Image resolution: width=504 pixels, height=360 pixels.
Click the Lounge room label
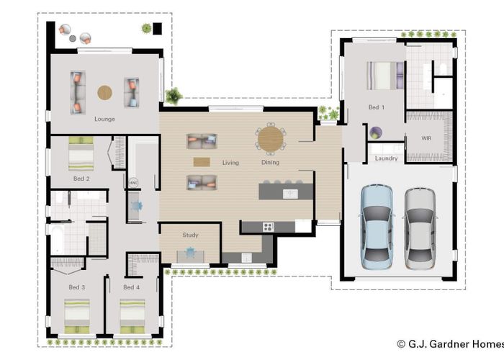(x=104, y=119)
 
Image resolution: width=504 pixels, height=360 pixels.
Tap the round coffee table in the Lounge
(x=105, y=93)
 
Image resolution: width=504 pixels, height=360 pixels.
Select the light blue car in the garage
(x=377, y=227)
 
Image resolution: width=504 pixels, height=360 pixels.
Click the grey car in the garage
(x=420, y=228)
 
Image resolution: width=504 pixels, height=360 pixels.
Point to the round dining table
(x=271, y=139)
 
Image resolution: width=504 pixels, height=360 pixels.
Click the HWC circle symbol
(x=133, y=183)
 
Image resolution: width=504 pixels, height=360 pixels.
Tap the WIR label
(x=426, y=138)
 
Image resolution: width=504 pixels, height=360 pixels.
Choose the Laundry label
(x=386, y=158)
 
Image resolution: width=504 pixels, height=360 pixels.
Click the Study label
(x=190, y=235)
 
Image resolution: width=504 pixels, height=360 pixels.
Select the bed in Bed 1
(x=385, y=76)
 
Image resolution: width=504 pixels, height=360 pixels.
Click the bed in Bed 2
(x=81, y=153)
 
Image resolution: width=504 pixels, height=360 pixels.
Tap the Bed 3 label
(x=77, y=287)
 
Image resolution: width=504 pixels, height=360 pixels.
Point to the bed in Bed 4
(x=132, y=317)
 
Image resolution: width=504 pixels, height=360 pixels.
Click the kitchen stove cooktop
(x=268, y=227)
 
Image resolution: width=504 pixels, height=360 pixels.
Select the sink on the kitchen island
(x=290, y=194)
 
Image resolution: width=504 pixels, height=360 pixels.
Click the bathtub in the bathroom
(x=57, y=239)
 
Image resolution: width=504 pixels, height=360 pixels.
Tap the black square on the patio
(x=157, y=29)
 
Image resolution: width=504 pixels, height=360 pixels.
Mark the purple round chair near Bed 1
(x=375, y=132)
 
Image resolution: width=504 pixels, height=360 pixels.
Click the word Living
(x=230, y=163)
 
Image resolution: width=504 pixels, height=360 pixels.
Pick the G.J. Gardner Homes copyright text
(x=450, y=344)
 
